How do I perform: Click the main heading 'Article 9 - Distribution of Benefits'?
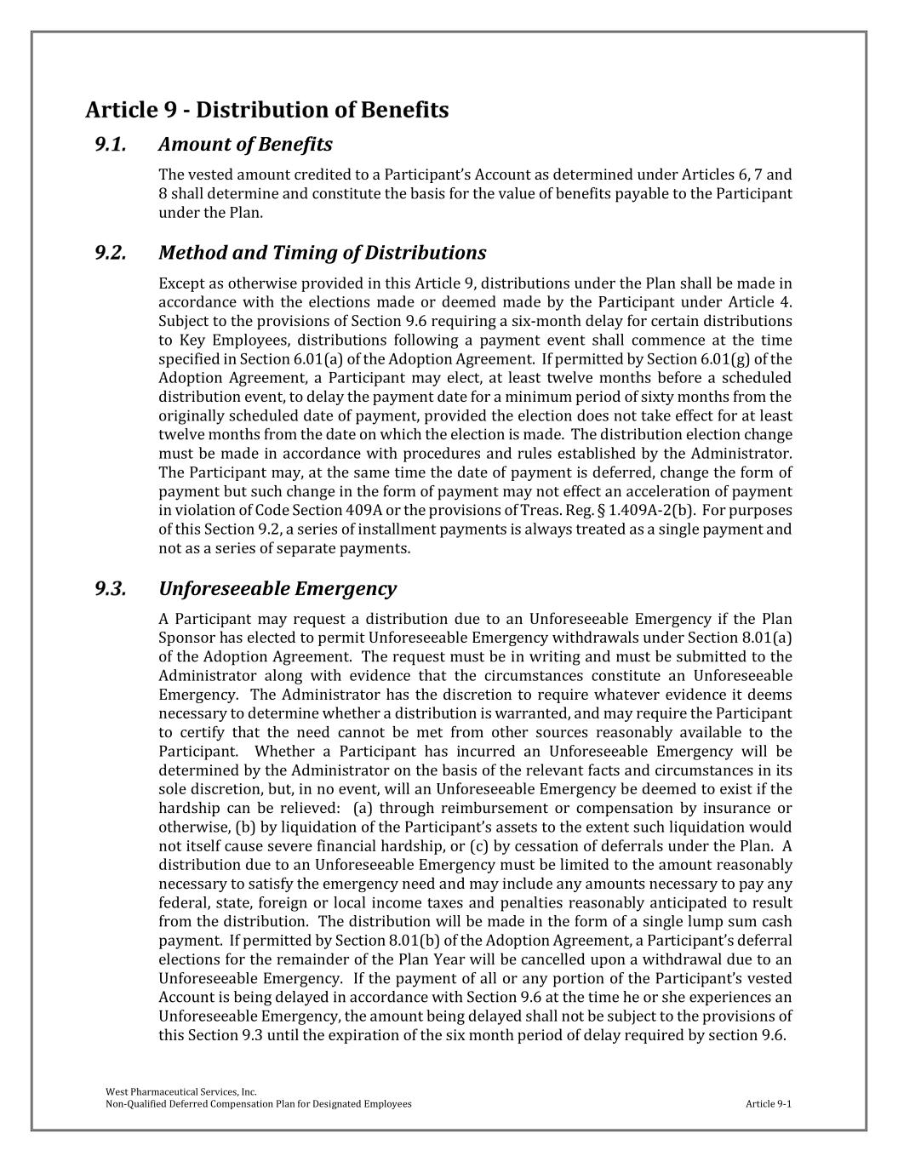point(266,110)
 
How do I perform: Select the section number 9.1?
point(111,144)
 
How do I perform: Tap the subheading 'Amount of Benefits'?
point(245,144)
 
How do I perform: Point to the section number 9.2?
point(111,253)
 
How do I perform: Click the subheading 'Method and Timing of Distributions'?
point(322,253)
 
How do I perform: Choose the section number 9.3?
point(111,588)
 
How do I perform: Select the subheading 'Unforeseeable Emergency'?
point(277,588)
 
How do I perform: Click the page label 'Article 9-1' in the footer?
point(768,1104)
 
